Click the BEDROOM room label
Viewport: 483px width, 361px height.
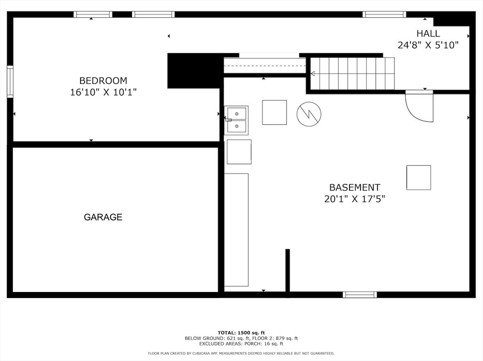(103, 80)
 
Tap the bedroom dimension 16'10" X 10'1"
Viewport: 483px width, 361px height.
(103, 92)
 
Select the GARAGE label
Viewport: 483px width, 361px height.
(103, 217)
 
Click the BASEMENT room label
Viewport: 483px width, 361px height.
(354, 188)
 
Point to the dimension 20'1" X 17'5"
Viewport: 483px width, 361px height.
(354, 199)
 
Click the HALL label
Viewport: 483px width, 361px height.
(428, 34)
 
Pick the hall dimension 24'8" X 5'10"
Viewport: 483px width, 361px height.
(428, 45)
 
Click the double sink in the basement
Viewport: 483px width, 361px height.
(236, 120)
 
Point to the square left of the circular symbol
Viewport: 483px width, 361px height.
(275, 112)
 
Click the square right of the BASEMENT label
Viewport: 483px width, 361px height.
(418, 178)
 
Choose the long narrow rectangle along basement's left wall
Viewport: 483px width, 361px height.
(236, 230)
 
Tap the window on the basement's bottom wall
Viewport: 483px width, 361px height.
(360, 295)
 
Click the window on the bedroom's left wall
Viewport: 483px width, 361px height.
(10, 82)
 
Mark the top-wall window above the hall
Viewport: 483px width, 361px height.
(384, 15)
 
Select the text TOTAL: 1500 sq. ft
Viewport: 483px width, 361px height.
(241, 332)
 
